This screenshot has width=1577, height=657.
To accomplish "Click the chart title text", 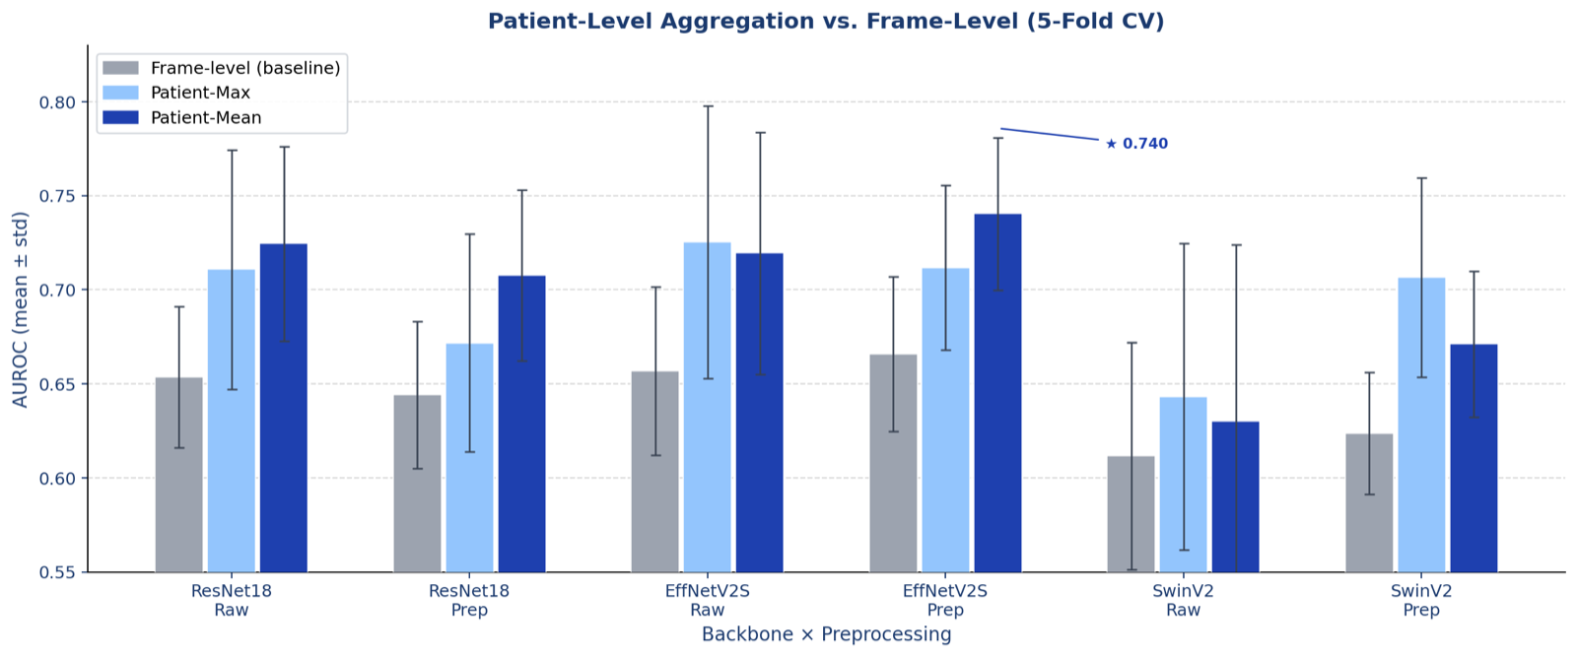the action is (x=826, y=21).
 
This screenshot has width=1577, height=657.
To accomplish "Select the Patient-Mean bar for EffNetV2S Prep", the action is (x=997, y=393).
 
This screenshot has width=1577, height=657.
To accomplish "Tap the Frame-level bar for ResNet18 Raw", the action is (x=178, y=475).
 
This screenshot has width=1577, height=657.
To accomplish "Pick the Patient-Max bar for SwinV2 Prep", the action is (x=1421, y=425).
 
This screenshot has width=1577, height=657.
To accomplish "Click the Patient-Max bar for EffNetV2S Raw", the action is (x=707, y=407).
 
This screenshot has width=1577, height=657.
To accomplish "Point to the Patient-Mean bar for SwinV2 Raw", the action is (x=1236, y=497).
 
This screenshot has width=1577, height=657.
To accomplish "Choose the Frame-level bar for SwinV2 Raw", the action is (x=1131, y=514).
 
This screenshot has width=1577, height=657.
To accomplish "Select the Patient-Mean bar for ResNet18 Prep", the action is (x=521, y=425).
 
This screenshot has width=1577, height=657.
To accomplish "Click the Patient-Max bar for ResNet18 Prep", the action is (x=469, y=458).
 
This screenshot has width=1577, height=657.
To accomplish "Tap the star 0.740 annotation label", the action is (x=1136, y=144).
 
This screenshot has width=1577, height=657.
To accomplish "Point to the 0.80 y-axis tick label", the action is (x=57, y=102).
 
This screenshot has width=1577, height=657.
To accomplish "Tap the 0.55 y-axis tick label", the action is (x=57, y=572).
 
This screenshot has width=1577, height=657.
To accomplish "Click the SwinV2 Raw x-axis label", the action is (x=1184, y=600).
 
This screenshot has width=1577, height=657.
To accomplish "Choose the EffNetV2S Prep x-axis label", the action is (x=945, y=600).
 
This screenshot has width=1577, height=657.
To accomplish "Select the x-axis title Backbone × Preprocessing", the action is (x=827, y=634).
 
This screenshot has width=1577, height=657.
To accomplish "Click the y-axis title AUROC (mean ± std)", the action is (x=21, y=309).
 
